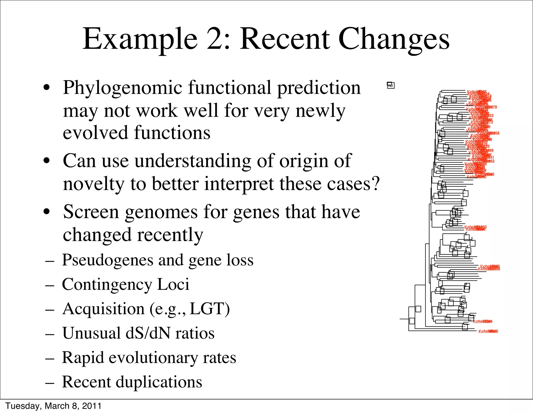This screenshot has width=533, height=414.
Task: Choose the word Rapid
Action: [83, 358]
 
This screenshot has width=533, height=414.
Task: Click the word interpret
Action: [239, 184]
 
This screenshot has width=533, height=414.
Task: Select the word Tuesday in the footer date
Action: [22, 406]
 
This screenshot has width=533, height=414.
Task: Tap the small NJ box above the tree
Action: [391, 85]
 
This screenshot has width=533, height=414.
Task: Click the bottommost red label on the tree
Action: [488, 331]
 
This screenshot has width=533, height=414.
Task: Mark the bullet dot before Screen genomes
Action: [47, 212]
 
